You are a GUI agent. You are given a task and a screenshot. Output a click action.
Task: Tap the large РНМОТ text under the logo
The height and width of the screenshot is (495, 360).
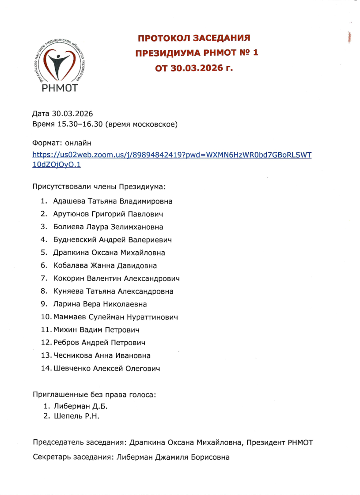click(59, 88)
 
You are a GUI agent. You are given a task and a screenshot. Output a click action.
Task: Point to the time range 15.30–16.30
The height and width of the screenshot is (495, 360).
click(80, 125)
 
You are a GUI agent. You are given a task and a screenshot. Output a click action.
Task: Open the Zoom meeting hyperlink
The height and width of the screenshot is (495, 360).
click(172, 155)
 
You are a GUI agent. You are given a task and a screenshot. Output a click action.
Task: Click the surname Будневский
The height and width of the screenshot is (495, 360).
click(76, 240)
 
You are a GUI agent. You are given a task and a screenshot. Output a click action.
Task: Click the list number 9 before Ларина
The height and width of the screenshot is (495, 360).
click(44, 304)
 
